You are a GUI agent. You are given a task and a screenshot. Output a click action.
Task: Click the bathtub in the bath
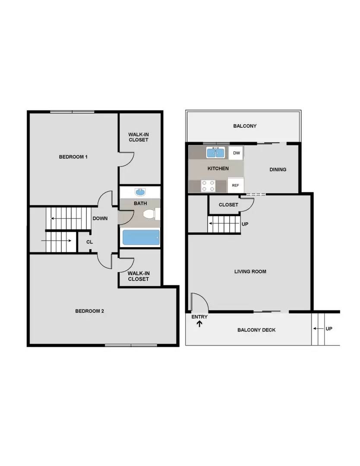tap(141, 237)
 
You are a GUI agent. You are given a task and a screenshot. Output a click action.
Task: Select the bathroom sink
tap(140, 192)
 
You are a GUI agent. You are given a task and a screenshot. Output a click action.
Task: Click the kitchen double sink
tap(215, 153)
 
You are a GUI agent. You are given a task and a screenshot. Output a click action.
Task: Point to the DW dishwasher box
tap(236, 153)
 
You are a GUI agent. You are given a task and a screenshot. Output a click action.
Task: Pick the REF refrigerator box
tap(235, 185)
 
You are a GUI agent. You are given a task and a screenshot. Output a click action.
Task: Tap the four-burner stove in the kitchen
tap(208, 186)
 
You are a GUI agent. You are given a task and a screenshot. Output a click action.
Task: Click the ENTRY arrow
tap(199, 324)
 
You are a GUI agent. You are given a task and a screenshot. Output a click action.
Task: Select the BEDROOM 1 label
tap(73, 157)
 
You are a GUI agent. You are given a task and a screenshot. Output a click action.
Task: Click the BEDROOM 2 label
tap(89, 311)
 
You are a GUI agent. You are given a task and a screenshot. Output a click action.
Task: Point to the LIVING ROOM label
tap(250, 271)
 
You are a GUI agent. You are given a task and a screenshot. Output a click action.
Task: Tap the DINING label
tap(278, 170)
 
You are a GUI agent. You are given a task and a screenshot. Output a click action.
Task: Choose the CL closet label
tap(89, 242)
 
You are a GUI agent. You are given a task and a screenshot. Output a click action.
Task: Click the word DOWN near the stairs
tap(100, 218)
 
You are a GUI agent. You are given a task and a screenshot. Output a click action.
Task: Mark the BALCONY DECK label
tap(256, 330)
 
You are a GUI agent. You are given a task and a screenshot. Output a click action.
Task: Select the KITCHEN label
tap(218, 169)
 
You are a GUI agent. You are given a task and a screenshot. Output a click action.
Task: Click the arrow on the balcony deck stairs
tap(319, 329)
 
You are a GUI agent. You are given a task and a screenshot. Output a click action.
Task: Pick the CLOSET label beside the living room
tap(228, 205)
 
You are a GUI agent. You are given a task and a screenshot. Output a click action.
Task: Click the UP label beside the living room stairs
tap(245, 224)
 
